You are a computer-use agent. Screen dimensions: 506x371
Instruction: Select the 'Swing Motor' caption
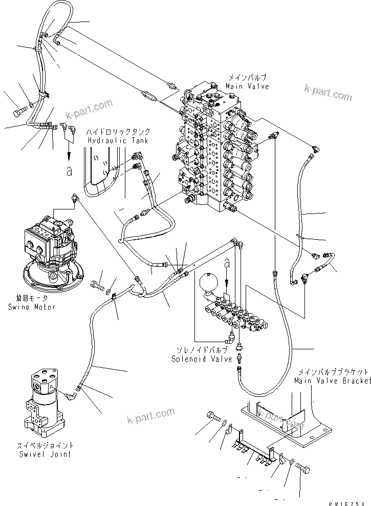click(x=32, y=307)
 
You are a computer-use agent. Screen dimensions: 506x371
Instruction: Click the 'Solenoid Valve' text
click(x=195, y=359)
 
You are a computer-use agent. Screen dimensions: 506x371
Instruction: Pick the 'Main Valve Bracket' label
click(x=332, y=381)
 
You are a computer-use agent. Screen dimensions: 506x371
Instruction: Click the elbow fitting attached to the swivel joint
click(x=71, y=393)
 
